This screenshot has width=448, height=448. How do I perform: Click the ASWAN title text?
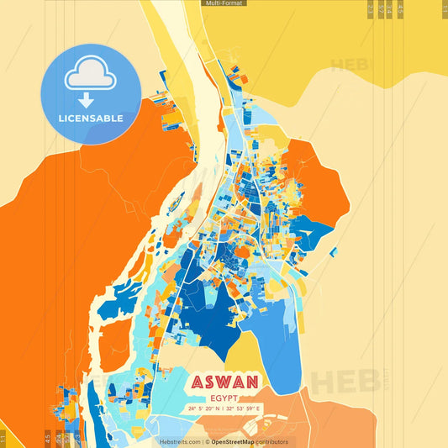click(224, 380)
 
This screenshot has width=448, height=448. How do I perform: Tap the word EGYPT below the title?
click(224, 397)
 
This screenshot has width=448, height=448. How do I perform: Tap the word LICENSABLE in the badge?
click(91, 119)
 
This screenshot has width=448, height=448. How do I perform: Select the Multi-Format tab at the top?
click(224, 3)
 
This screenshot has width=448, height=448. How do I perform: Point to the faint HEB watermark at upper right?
click(350, 65)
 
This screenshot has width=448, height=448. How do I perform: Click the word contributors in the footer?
click(272, 441)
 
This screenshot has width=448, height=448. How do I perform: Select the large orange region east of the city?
click(324, 181)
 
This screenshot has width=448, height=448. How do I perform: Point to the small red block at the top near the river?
click(243, 78)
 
